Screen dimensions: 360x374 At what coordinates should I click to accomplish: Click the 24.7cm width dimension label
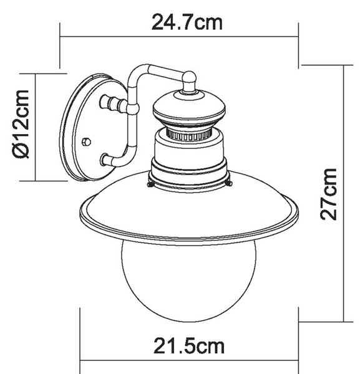[187, 22]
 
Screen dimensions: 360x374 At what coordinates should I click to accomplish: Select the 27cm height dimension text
[328, 194]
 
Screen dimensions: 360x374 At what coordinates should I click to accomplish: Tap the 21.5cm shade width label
[189, 347]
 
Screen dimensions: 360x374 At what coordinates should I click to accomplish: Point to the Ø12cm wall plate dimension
[21, 124]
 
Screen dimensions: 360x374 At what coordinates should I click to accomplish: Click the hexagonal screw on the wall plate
[86, 141]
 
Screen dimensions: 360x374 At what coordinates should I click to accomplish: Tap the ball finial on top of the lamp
[189, 77]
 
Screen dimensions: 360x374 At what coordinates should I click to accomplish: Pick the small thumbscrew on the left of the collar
[150, 185]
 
